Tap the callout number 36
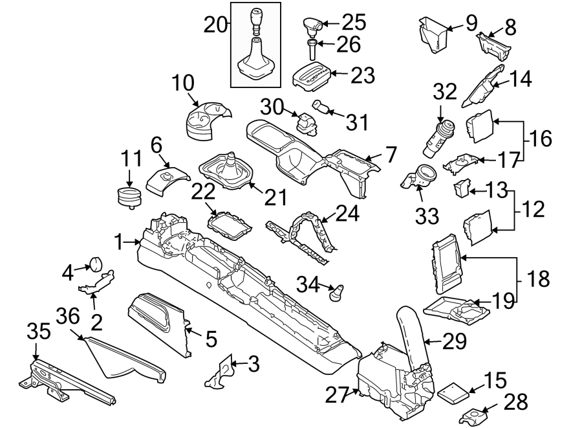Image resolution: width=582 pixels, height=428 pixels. click(69, 317)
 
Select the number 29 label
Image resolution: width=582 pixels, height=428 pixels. click(456, 342)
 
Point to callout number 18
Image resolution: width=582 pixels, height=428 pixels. click(538, 279)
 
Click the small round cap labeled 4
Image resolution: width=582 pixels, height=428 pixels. click(96, 262)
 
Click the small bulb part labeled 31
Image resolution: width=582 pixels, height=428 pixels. click(320, 106)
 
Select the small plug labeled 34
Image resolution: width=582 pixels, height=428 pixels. click(336, 294)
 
